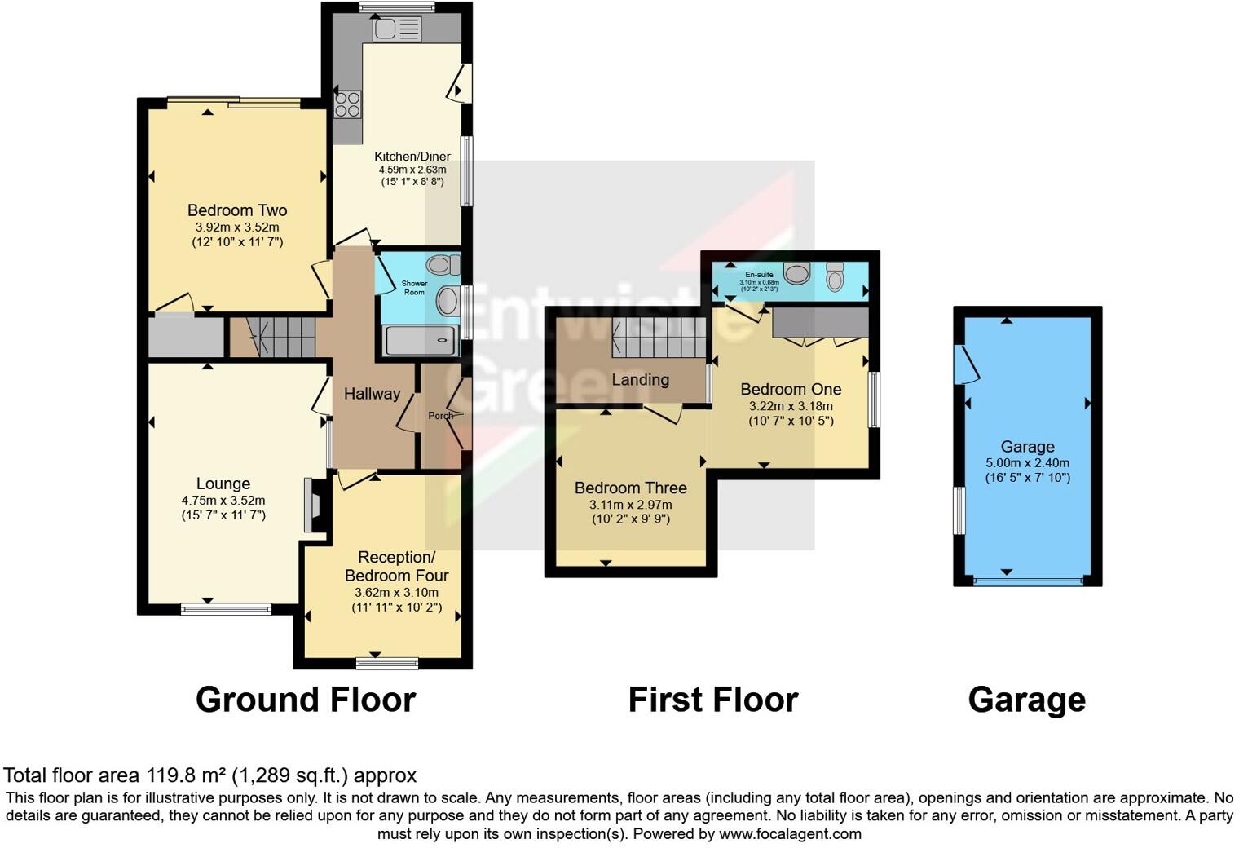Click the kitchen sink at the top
(396, 30)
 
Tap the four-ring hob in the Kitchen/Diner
(347, 105)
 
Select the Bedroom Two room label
(237, 210)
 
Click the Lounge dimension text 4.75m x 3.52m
(223, 501)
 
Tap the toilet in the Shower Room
(443, 265)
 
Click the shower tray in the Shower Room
(419, 341)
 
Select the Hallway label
(372, 394)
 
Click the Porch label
(441, 416)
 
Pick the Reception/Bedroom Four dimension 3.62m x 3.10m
(396, 593)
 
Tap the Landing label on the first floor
(641, 380)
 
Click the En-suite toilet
(835, 276)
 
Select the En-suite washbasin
(796, 273)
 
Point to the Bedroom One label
(791, 390)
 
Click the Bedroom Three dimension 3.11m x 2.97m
(631, 505)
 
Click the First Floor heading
(712, 700)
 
